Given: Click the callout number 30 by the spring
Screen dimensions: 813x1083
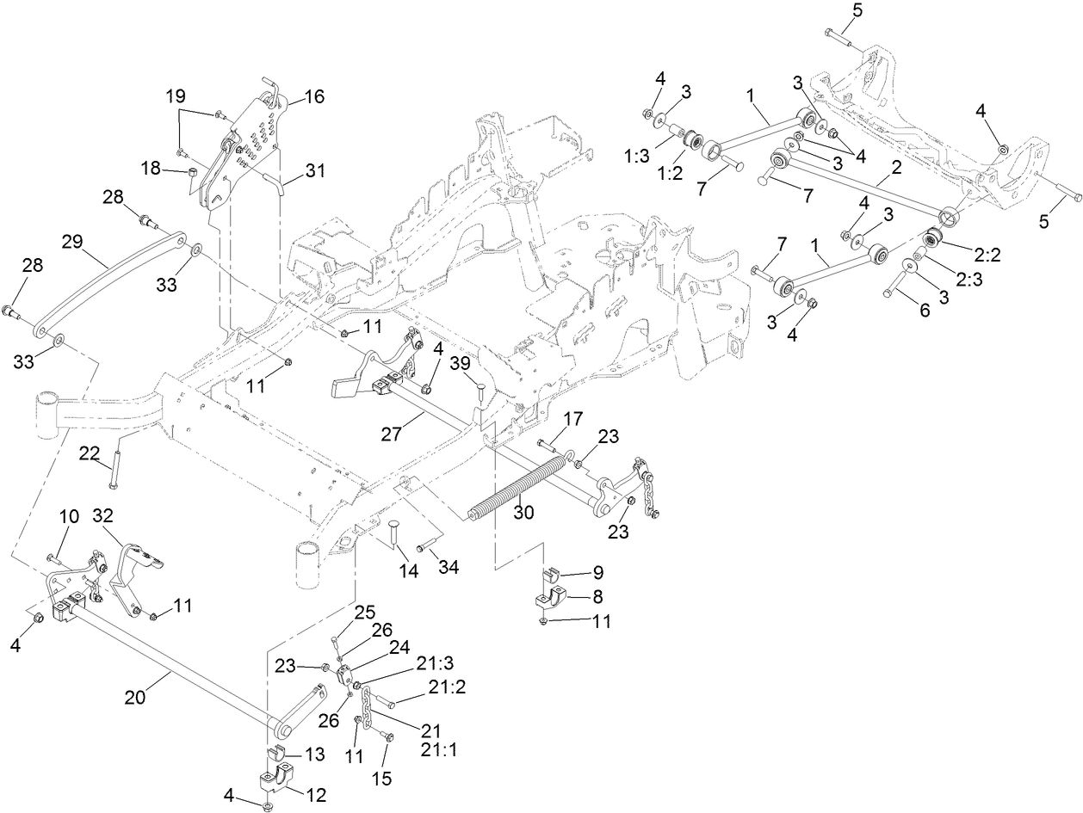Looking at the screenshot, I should (523, 512).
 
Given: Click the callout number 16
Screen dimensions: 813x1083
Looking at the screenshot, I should (313, 96).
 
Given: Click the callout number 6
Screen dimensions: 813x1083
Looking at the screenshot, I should (924, 311).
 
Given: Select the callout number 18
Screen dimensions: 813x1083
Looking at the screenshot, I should (152, 169).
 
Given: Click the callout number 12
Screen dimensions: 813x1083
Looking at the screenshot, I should (316, 795).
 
